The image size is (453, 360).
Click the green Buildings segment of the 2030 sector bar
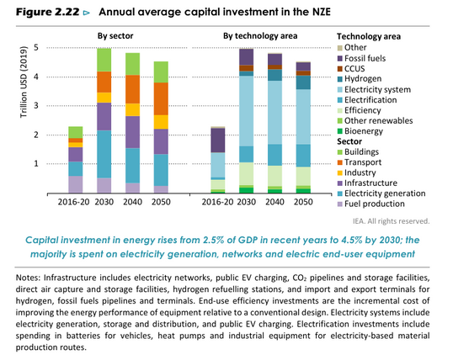coord(104,60)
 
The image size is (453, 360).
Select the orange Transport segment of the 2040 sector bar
coord(133,88)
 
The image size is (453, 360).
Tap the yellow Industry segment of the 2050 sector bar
coord(161,122)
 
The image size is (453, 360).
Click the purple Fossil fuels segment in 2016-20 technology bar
coord(217,140)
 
